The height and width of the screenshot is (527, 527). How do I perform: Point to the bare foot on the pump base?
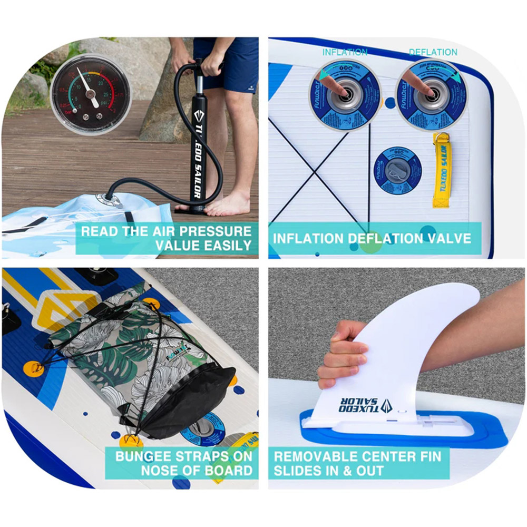pyautogui.click(x=228, y=203)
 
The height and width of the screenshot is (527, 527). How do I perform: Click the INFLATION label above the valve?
pyautogui.click(x=345, y=52)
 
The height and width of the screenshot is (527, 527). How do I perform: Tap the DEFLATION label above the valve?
pyautogui.click(x=433, y=52)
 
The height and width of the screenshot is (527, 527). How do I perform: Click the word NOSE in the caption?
pyautogui.click(x=163, y=470)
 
